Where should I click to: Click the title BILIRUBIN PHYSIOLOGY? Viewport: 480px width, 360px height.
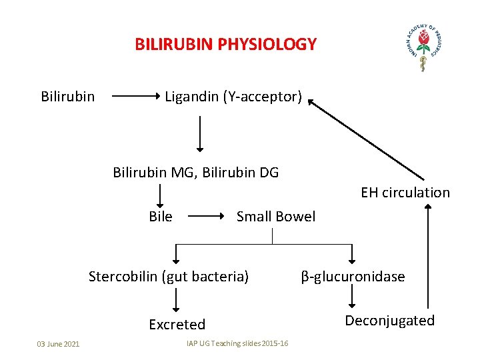pyautogui.click(x=225, y=45)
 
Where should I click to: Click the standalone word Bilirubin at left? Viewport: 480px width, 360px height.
pyautogui.click(x=67, y=97)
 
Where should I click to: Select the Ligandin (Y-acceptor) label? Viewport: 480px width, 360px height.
pyautogui.click(x=233, y=97)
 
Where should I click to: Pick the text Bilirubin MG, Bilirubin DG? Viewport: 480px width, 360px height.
pyautogui.click(x=195, y=173)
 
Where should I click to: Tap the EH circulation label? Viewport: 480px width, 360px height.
pyautogui.click(x=405, y=193)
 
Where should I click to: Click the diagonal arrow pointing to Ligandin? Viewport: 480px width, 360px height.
pyautogui.click(x=367, y=140)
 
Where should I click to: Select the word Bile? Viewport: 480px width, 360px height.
pyautogui.click(x=161, y=217)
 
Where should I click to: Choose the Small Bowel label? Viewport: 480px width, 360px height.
pyautogui.click(x=276, y=217)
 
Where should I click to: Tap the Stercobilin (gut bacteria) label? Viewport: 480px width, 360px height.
pyautogui.click(x=169, y=276)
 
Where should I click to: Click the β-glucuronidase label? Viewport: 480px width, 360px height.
pyautogui.click(x=353, y=277)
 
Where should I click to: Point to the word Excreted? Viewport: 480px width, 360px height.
pyautogui.click(x=177, y=325)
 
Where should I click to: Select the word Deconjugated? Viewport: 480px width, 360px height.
pyautogui.click(x=389, y=321)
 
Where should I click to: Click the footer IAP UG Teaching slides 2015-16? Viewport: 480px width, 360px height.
pyautogui.click(x=237, y=343)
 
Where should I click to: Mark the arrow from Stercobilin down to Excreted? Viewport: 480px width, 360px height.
pyautogui.click(x=176, y=300)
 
